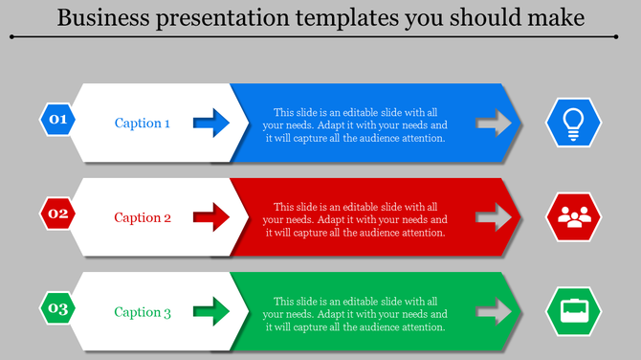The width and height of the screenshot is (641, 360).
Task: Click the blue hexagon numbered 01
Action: point(58,120)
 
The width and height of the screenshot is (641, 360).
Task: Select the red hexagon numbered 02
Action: point(58,214)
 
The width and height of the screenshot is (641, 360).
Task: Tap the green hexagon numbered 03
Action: point(58,308)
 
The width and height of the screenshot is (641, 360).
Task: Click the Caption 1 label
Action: point(143,123)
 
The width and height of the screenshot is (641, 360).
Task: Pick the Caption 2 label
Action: point(143,217)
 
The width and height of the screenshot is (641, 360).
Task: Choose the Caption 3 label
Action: point(143,312)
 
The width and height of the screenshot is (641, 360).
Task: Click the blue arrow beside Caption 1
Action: point(211,122)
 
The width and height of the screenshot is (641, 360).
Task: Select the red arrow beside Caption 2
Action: point(211,216)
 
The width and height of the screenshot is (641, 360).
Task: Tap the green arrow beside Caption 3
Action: point(211,311)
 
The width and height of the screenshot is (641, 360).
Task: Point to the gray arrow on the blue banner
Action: point(495,123)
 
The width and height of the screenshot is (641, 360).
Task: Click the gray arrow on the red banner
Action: point(495,217)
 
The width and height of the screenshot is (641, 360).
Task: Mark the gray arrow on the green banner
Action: point(495,312)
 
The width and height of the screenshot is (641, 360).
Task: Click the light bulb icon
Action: point(573,124)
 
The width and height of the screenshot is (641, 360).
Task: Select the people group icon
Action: point(573,217)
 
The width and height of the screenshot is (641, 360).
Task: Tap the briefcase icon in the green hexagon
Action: point(573,312)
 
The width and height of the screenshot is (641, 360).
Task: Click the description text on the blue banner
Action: point(355,124)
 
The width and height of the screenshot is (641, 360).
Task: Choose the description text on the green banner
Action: point(355,314)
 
